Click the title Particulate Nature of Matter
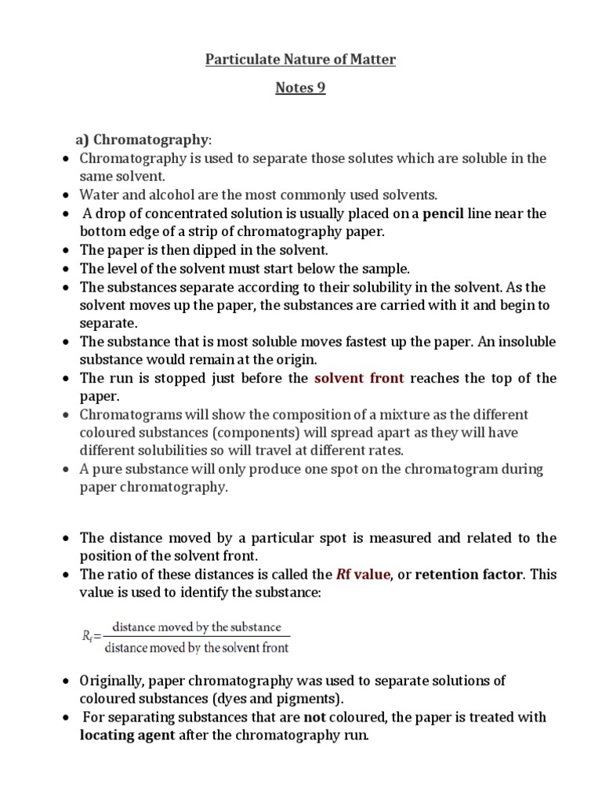[x=300, y=60]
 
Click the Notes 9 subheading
[x=300, y=88]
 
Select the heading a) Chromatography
[x=143, y=140]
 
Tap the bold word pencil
[x=443, y=213]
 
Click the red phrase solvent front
[x=359, y=378]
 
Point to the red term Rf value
[x=362, y=574]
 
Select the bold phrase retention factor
[x=468, y=574]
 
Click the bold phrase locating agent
[x=128, y=736]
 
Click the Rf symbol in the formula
[x=89, y=637]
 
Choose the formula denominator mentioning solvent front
[x=197, y=648]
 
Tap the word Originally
[x=114, y=680]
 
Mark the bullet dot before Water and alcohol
[x=66, y=195]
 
